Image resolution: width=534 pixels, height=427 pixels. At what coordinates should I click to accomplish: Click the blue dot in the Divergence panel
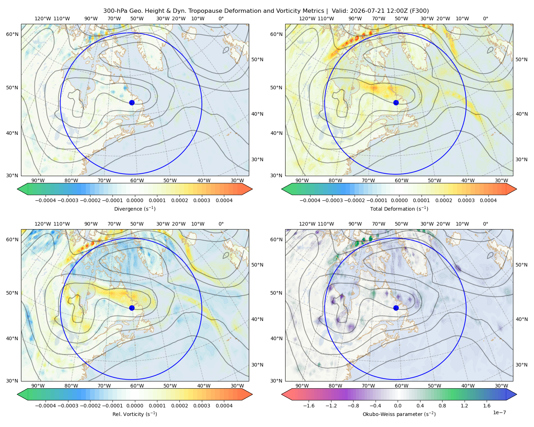click(132, 102)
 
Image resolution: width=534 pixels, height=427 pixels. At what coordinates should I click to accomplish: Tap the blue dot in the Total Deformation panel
click(396, 102)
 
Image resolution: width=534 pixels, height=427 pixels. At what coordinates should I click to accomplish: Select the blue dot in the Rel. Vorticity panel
click(132, 308)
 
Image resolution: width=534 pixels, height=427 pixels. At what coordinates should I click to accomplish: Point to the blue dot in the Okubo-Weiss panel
click(396, 308)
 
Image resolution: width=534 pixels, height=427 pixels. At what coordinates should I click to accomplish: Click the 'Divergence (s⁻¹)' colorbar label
click(135, 209)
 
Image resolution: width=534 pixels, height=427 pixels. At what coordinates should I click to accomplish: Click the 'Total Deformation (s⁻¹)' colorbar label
click(399, 209)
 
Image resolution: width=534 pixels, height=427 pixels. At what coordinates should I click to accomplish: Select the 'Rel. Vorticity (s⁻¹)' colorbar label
click(135, 414)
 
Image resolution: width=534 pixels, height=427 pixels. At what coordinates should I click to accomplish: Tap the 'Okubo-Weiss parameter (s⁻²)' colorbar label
click(399, 414)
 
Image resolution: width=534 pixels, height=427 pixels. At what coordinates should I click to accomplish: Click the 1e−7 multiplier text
click(499, 412)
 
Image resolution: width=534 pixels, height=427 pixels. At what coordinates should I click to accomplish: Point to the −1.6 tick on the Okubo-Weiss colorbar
click(309, 405)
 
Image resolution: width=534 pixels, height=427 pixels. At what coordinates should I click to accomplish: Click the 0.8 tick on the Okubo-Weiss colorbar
click(442, 405)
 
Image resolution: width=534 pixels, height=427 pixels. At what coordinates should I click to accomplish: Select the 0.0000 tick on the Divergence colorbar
click(135, 200)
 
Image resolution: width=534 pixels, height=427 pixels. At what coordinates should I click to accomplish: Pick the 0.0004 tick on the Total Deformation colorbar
click(488, 200)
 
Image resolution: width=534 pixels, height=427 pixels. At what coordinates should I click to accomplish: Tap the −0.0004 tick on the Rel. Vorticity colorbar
click(46, 405)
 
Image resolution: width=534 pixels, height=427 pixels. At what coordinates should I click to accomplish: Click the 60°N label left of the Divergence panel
click(12, 34)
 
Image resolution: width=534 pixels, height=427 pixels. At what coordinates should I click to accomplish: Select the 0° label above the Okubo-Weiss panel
click(485, 223)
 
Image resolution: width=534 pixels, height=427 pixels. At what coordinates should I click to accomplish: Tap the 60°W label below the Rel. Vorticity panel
click(137, 386)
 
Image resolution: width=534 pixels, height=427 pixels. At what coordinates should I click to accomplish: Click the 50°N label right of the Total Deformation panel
click(521, 59)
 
